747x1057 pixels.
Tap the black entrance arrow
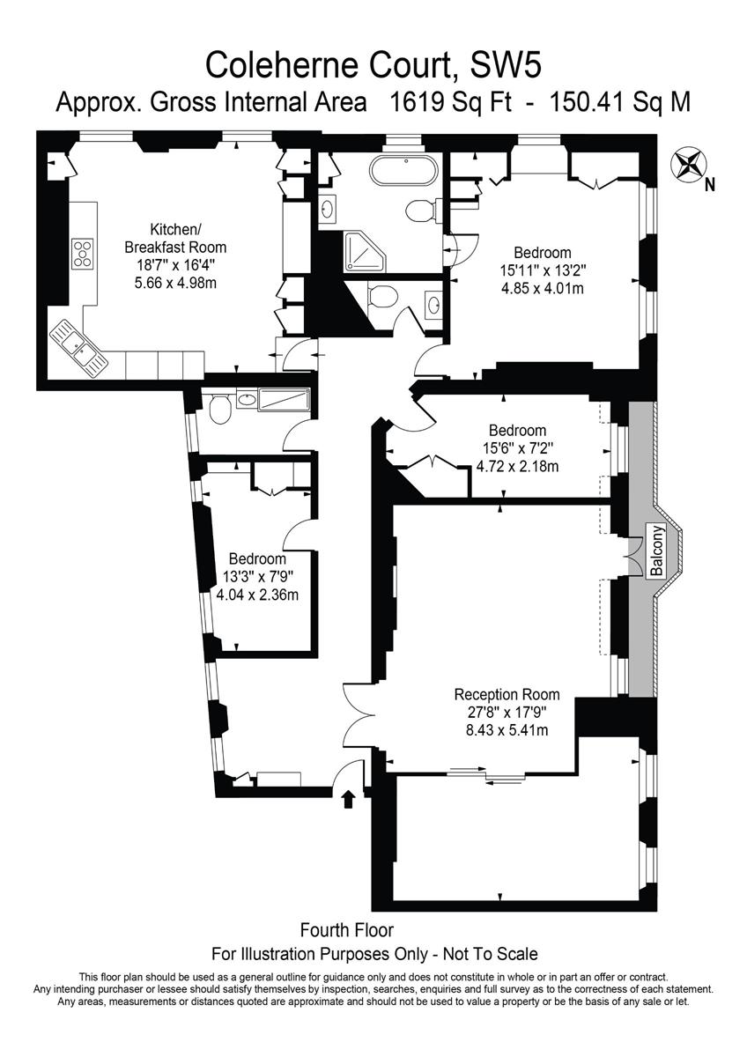[348, 800]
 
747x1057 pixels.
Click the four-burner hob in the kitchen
[83, 254]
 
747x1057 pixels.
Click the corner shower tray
[365, 253]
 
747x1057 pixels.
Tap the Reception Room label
[507, 695]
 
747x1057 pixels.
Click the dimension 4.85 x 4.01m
[543, 288]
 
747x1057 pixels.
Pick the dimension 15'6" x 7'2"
[518, 447]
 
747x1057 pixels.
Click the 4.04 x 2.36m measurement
[257, 594]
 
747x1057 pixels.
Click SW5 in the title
[506, 65]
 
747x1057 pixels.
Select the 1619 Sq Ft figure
[450, 102]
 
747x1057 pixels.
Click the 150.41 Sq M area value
[620, 102]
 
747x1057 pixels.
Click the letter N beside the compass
[710, 186]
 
